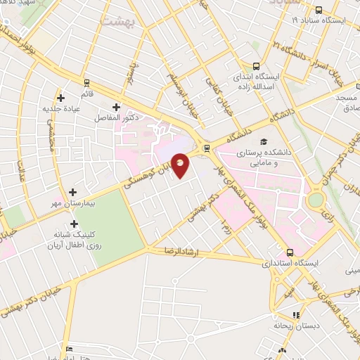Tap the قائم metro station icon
86,82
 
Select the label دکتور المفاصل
115,118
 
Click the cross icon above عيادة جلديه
61,98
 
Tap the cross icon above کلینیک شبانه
74,224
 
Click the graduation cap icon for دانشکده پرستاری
264,141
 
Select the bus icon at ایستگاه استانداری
290,252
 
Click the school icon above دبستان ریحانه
297,315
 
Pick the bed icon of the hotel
68,349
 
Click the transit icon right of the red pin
207,148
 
